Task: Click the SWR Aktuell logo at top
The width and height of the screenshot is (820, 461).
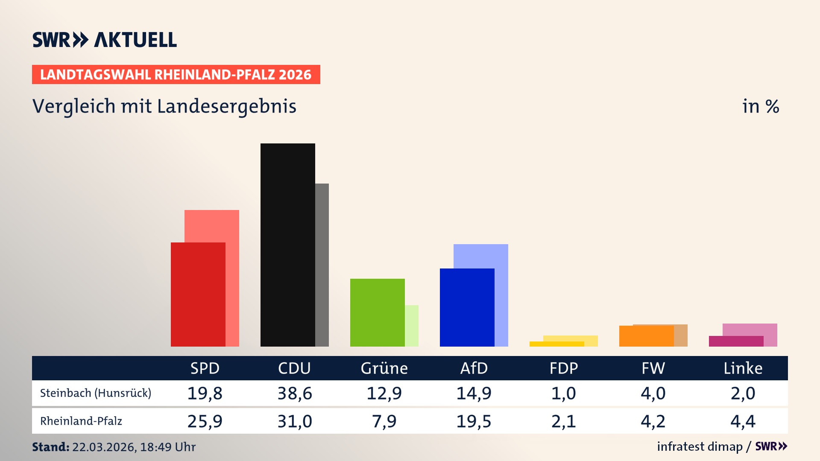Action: pos(104,40)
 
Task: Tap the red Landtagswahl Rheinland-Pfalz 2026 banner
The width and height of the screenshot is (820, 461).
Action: pos(176,75)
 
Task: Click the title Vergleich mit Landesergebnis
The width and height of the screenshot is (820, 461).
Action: pos(164,106)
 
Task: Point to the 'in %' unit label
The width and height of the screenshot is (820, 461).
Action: pos(760,107)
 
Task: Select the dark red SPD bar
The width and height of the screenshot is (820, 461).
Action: pos(198,295)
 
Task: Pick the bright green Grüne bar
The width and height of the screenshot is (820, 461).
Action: pos(377,312)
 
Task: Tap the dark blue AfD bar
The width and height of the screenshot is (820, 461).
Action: pos(467,307)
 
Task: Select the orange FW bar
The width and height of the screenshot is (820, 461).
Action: pos(646,336)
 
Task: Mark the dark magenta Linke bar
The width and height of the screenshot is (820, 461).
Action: pos(736,341)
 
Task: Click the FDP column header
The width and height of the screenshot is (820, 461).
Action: pos(563,368)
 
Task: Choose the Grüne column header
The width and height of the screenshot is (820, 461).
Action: pos(384,368)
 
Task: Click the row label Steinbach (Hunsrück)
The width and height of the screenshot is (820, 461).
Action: pos(96,393)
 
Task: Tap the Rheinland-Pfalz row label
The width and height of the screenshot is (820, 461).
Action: pos(81,421)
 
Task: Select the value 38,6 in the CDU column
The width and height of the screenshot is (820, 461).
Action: pos(295,393)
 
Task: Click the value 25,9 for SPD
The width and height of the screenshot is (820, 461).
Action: pos(205,421)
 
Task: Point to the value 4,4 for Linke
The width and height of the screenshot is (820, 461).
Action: pos(743,421)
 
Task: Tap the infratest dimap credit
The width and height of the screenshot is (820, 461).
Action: pos(700,446)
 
